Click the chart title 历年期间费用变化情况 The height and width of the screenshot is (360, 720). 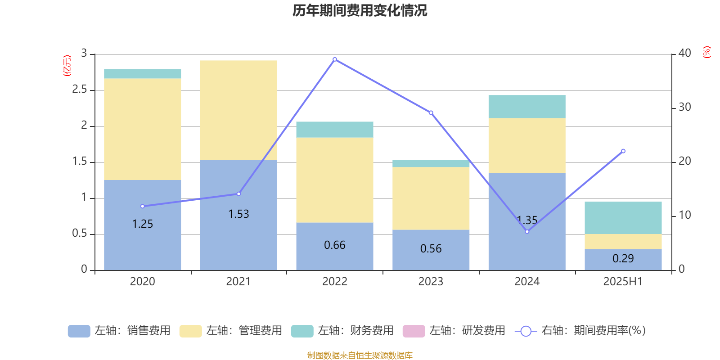360,10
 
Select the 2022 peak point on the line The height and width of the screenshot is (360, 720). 335,59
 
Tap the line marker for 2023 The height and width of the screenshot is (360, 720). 431,112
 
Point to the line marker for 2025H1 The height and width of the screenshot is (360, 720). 623,151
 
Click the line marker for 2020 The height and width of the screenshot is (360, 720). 143,206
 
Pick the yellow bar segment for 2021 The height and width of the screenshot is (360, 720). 238,110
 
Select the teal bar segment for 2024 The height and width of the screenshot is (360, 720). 527,107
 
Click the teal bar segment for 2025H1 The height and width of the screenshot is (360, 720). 623,218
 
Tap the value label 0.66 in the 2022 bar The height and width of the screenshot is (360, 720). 335,245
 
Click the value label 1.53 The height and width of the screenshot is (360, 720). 238,214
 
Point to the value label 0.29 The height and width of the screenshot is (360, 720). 623,259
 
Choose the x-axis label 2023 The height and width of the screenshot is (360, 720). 431,282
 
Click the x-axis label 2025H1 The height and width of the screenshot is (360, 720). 623,282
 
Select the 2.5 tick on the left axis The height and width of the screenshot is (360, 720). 80,90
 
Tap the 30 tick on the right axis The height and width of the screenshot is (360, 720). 685,107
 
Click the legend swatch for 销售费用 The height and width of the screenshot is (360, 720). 79,331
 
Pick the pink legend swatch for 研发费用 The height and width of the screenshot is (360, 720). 414,331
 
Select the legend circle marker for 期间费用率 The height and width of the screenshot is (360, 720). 526,331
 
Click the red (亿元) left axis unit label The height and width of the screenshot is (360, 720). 67,66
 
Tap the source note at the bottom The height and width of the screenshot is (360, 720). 360,355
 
